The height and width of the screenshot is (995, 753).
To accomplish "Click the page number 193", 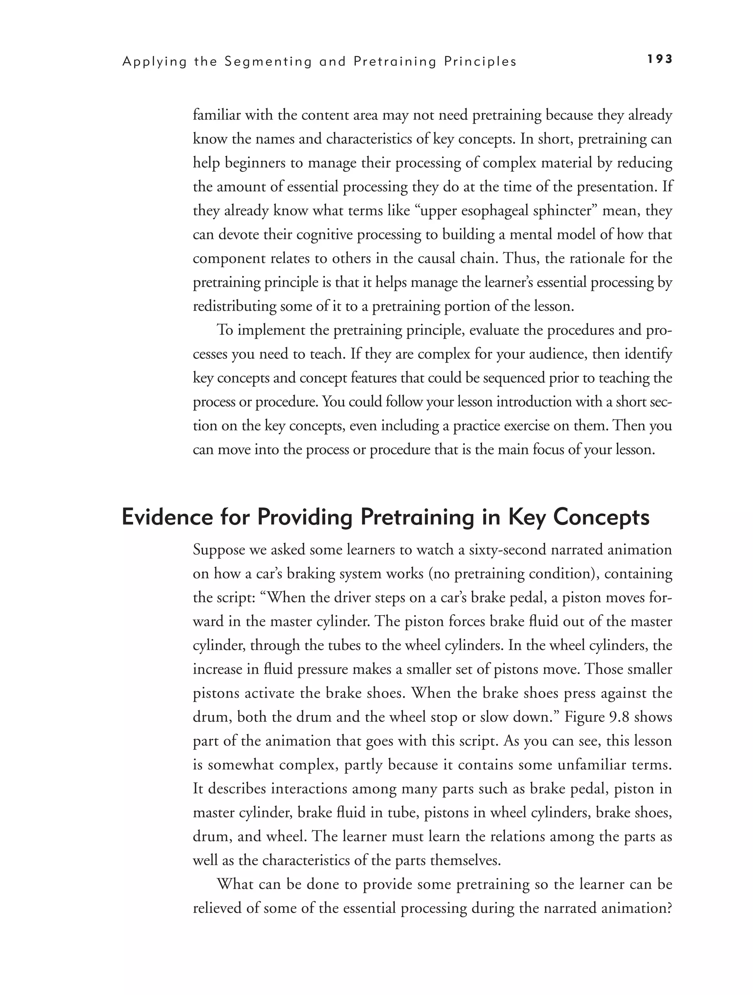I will [x=660, y=59].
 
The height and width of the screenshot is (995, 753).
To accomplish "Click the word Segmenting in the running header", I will [x=268, y=62].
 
